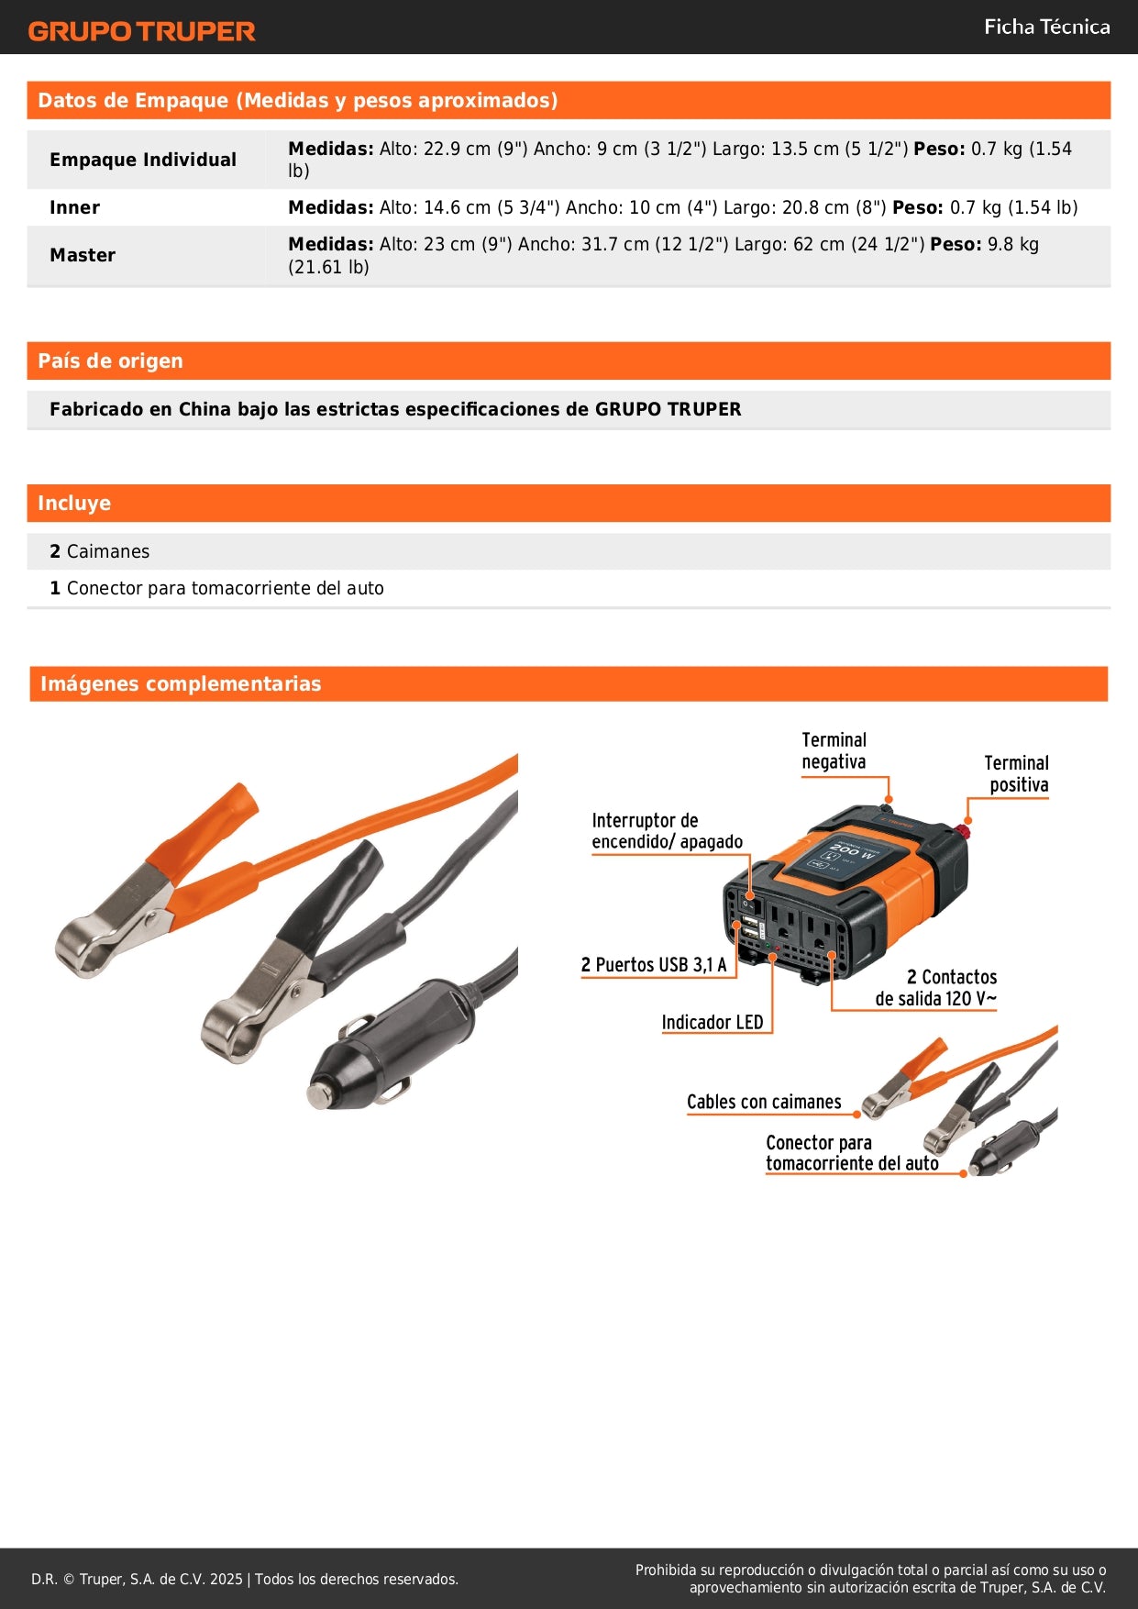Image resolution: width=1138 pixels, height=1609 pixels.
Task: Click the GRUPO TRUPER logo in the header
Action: (141, 31)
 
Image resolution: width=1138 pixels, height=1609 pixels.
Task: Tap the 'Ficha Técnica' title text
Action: (1046, 28)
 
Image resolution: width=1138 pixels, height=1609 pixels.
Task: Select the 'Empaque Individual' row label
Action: (143, 160)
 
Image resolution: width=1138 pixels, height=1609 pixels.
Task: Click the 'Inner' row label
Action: (75, 207)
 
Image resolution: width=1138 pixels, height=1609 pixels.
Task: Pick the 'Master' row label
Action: (83, 255)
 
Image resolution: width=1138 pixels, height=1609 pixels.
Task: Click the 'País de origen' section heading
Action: (110, 361)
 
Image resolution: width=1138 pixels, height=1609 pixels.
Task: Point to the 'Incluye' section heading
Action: (74, 503)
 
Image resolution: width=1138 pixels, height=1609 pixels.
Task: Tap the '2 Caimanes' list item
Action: (100, 551)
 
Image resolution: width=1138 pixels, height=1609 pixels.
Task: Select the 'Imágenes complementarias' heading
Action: (181, 683)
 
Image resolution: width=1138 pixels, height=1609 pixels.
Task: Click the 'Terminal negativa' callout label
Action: (834, 750)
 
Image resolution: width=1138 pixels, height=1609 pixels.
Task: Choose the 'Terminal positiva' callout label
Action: (1016, 773)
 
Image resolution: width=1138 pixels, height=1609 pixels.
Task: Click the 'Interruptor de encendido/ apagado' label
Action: (667, 831)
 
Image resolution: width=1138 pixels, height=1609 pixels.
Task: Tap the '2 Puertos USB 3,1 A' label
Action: (654, 965)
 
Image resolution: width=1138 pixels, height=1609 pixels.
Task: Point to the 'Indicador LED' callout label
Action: (713, 1022)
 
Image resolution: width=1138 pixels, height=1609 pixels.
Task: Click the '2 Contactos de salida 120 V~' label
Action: (936, 988)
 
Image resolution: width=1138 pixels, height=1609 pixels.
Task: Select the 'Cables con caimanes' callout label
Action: (764, 1102)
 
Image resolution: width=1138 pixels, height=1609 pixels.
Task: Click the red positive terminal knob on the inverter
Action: (965, 831)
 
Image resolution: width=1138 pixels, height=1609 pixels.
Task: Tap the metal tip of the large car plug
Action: (319, 1095)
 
